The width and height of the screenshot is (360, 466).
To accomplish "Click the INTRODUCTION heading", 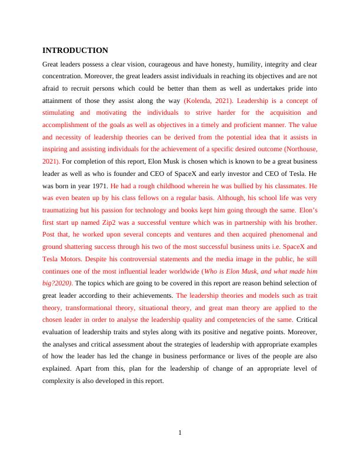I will [75, 50].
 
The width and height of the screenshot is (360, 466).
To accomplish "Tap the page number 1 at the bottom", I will [180, 433].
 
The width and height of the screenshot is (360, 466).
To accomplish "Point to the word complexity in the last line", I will [61, 381].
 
